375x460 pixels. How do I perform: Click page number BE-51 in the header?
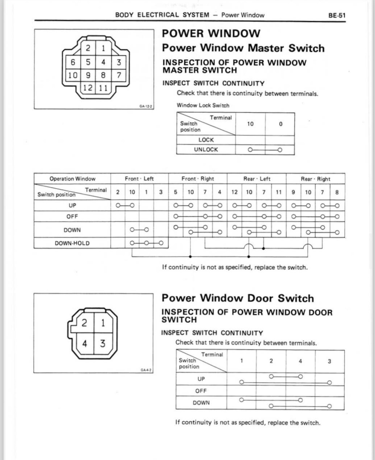[x=337, y=15]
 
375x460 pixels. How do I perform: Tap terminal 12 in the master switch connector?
[x=88, y=88]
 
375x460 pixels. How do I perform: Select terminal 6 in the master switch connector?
[x=73, y=62]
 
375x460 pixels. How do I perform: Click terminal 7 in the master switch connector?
[x=118, y=75]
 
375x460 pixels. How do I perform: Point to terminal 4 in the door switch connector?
[x=85, y=343]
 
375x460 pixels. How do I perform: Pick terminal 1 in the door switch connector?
[x=103, y=323]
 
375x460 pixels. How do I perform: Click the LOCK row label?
[x=206, y=140]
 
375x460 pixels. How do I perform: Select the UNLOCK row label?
[x=206, y=150]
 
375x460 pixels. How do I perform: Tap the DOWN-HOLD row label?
[x=72, y=243]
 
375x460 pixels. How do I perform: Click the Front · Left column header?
[x=139, y=179]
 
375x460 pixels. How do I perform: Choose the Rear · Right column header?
[x=315, y=179]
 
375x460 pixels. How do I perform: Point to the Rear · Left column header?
[x=256, y=179]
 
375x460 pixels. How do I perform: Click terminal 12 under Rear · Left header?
[x=234, y=192]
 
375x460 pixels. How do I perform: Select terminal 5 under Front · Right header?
[x=176, y=192]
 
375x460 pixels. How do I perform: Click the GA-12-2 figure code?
[x=146, y=107]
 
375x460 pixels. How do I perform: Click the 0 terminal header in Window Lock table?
[x=280, y=124]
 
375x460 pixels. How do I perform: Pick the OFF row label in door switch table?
[x=201, y=391]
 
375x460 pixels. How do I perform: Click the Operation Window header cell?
[x=72, y=179]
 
